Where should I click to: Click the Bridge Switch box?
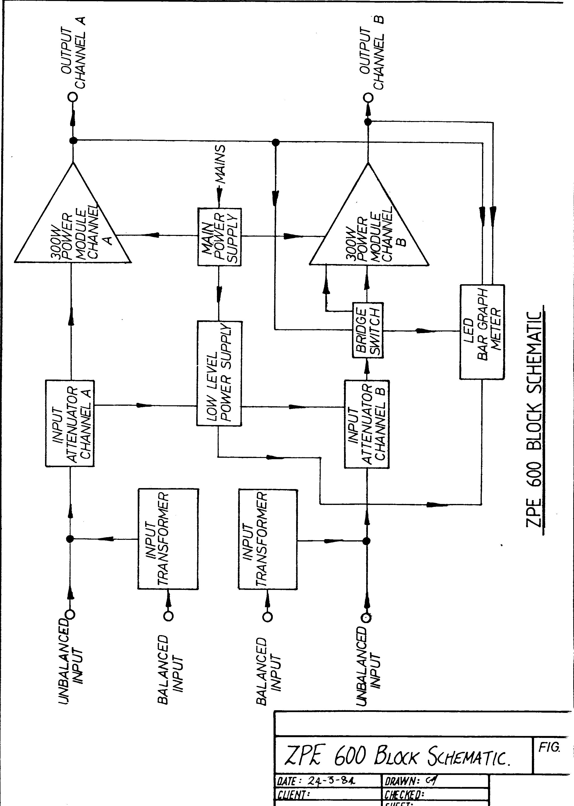click(x=368, y=330)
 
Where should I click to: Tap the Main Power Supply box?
click(x=219, y=237)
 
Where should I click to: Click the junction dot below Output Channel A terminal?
click(x=73, y=140)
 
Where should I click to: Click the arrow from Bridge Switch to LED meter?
click(x=426, y=331)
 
